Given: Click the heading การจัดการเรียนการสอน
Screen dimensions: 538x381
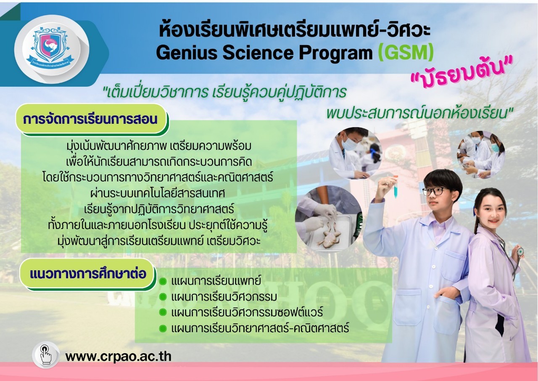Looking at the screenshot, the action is tap(90, 119).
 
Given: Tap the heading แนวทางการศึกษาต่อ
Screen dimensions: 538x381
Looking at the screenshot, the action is tap(88, 274).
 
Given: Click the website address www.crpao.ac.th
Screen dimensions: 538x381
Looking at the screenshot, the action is tap(118, 356).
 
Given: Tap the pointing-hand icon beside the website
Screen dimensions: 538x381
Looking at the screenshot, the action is tap(46, 355).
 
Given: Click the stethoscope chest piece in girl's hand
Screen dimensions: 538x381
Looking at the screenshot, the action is tap(520, 251).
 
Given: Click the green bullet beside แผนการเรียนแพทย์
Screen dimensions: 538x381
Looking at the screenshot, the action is tap(163, 281).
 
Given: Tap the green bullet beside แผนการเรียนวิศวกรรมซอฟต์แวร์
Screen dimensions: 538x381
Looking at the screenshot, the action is tap(163, 312).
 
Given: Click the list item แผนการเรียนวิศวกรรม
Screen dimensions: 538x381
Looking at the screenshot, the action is tap(224, 297).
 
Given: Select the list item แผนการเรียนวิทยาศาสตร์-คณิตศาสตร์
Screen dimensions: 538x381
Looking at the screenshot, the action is tap(260, 328).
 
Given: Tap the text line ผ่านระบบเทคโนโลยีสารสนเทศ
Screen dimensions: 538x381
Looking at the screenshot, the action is tap(158, 194).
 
